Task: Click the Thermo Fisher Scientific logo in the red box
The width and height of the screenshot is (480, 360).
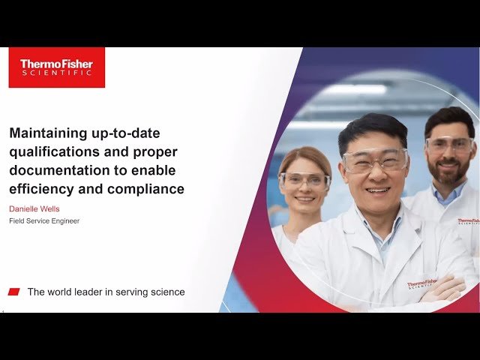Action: [x=56, y=67]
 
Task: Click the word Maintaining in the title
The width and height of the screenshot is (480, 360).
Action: [x=45, y=133]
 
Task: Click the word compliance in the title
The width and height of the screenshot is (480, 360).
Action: [x=145, y=189]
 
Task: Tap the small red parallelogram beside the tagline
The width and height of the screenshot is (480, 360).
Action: [x=14, y=292]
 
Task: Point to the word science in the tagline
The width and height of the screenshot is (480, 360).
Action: [x=167, y=292]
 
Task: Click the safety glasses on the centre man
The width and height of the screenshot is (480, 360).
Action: [x=374, y=160]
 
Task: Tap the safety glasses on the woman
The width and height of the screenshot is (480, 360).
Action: [x=304, y=180]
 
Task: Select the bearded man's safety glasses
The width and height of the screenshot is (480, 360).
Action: [x=449, y=145]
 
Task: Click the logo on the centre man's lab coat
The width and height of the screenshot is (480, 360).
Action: [x=421, y=285]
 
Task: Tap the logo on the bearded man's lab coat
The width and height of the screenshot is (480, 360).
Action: [x=467, y=221]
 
